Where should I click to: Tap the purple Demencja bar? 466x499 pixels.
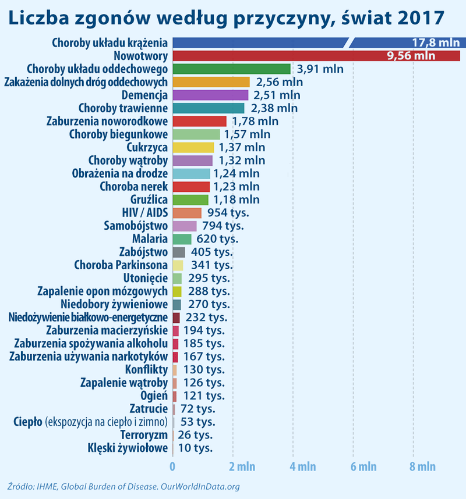click(x=210, y=95)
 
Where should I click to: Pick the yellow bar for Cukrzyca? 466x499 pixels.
click(x=193, y=147)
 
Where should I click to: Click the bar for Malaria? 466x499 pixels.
click(x=182, y=239)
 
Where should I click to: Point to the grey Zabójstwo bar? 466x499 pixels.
click(x=179, y=252)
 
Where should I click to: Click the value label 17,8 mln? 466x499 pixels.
click(x=435, y=42)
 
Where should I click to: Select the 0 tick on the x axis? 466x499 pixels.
click(x=172, y=466)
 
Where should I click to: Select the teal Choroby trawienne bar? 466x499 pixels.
click(x=209, y=108)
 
